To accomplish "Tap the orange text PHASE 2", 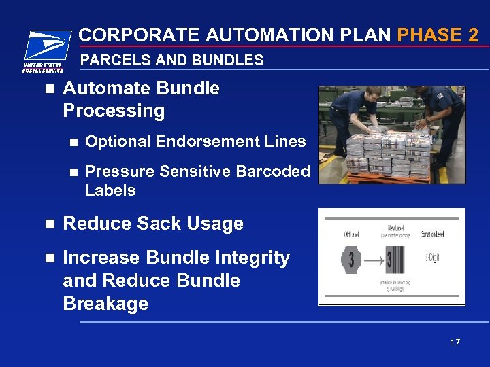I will (438, 35).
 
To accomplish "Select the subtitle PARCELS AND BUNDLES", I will (171, 60).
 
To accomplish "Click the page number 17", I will (455, 343).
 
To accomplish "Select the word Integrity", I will (252, 258).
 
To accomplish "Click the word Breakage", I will (105, 303).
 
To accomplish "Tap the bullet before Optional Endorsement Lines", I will (73, 142).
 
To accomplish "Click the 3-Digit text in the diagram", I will (431, 256).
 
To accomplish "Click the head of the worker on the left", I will (359, 95).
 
